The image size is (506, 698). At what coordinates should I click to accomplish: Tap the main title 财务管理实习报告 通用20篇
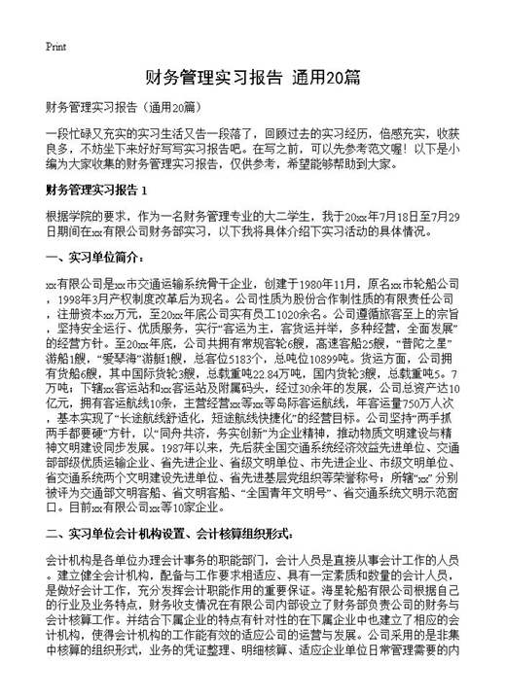pyautogui.click(x=253, y=77)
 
